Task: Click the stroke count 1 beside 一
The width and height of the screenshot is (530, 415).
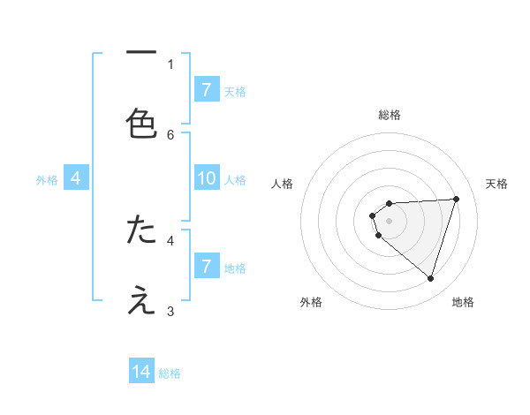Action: coord(170,64)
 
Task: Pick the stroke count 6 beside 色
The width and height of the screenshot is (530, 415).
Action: coord(170,134)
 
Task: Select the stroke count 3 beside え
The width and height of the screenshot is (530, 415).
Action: coord(170,311)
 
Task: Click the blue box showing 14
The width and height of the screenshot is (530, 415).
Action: coord(141,372)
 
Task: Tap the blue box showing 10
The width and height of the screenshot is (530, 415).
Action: coord(207,179)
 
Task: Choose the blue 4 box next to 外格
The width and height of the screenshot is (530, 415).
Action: coord(76,179)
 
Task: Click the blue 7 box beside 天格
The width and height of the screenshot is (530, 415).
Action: coord(207,89)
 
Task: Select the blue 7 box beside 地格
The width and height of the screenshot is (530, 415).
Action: coord(207,266)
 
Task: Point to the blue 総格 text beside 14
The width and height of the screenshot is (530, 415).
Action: coord(170,373)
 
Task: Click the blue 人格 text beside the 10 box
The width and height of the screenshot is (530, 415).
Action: coord(235,180)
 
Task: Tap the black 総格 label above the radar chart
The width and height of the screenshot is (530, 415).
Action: coord(390,115)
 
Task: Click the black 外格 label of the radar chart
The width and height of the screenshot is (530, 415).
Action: coord(311,302)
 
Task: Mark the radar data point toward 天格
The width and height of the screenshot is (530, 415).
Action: coord(457,199)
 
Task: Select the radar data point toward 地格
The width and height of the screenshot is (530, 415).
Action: coord(430,278)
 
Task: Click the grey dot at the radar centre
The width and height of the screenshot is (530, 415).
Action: coord(390,220)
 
